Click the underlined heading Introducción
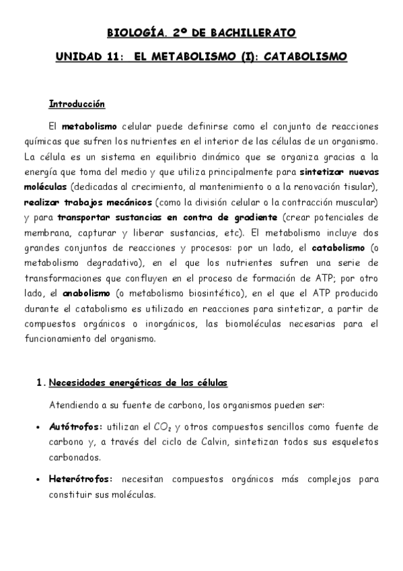point(77,104)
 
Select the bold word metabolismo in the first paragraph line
point(89,126)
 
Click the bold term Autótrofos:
point(76,427)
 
